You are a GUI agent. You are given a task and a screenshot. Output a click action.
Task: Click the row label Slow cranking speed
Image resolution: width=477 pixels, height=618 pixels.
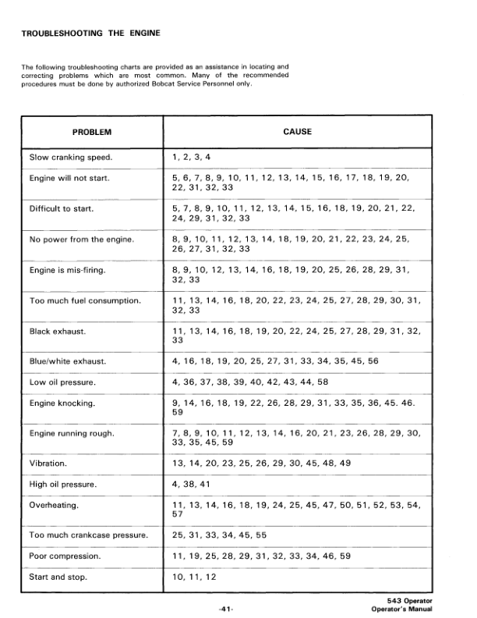(71, 158)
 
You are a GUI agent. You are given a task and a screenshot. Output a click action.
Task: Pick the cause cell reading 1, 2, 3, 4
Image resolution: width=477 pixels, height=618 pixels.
(191, 158)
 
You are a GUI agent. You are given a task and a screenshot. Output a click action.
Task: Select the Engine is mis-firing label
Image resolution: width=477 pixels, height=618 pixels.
(67, 269)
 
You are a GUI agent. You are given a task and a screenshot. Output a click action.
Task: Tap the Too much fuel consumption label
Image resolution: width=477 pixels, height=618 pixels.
(84, 300)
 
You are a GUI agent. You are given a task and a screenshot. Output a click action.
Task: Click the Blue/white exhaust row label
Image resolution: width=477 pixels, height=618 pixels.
(68, 361)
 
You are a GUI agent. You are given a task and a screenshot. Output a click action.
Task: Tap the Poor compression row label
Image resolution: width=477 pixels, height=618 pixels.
(65, 557)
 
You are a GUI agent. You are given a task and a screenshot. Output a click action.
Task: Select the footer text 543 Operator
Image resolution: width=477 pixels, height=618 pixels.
(411, 599)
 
